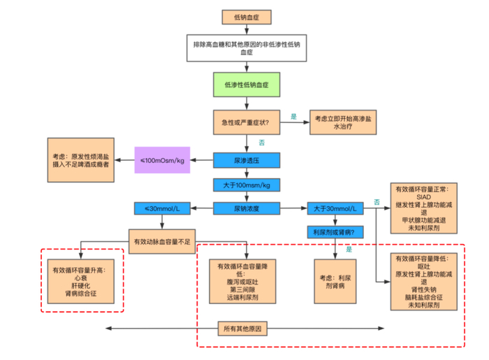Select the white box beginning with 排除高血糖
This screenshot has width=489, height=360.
(x=247, y=48)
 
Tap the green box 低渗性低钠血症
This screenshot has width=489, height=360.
(x=247, y=85)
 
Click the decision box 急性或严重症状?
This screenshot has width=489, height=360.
(x=247, y=123)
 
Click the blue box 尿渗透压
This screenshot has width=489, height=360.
(x=247, y=161)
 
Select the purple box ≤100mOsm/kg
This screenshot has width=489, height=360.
(x=163, y=161)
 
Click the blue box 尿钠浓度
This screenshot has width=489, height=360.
(x=247, y=208)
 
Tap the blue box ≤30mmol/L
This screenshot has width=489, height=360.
(x=162, y=208)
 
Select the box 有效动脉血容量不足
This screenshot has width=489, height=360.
(x=162, y=240)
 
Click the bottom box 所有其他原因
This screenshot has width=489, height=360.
(x=244, y=329)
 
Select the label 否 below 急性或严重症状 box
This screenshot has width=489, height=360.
(x=261, y=142)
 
